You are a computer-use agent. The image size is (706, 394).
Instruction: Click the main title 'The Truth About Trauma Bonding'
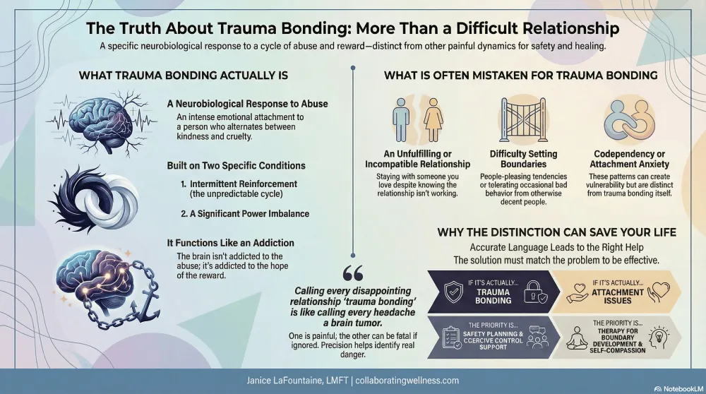pos(352,29)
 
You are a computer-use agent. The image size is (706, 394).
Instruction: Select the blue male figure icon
pos(400,120)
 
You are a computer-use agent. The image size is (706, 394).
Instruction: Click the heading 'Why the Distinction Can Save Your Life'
pos(556,232)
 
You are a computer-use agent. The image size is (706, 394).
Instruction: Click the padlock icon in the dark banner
pos(534,292)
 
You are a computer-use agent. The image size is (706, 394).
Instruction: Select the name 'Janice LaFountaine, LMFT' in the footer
pos(292,380)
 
